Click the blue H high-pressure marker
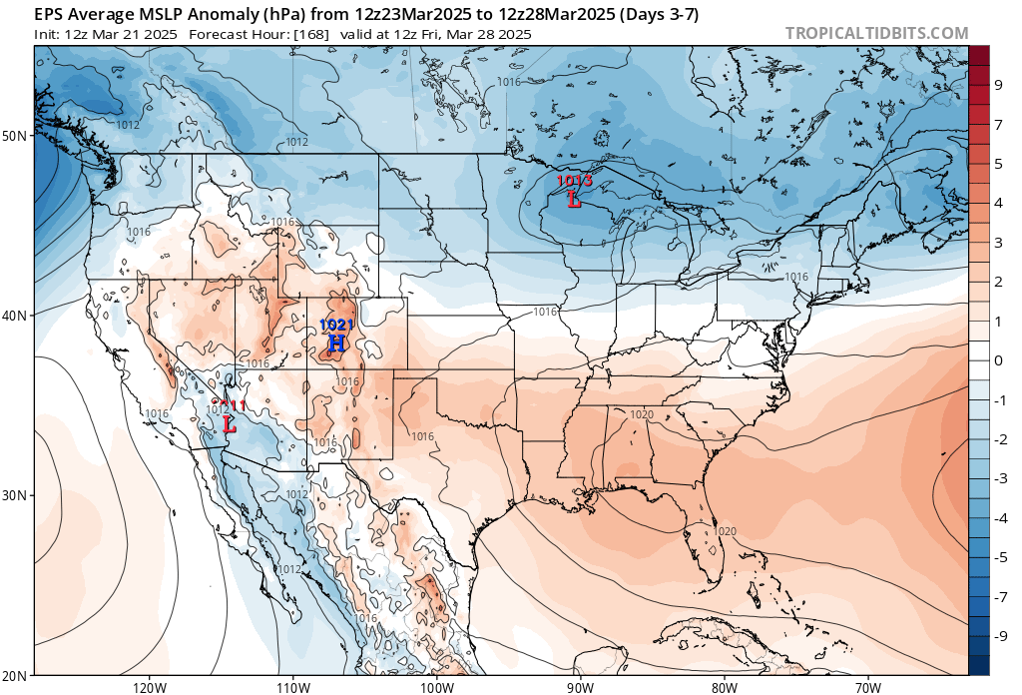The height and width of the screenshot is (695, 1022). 337,344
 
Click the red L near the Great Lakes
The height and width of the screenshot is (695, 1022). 574,200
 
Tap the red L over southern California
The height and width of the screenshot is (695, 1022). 230,423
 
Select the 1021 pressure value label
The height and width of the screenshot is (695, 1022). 336,326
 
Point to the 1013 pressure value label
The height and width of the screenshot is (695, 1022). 575,181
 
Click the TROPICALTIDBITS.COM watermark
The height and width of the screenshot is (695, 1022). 876,33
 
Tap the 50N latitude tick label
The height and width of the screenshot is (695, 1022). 17,135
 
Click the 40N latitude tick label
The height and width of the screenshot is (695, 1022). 17,315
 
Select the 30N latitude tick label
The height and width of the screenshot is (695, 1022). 17,495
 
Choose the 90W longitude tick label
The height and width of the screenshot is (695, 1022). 580,687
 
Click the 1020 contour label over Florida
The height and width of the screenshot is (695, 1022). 726,531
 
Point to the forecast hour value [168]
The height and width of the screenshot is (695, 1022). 310,34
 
